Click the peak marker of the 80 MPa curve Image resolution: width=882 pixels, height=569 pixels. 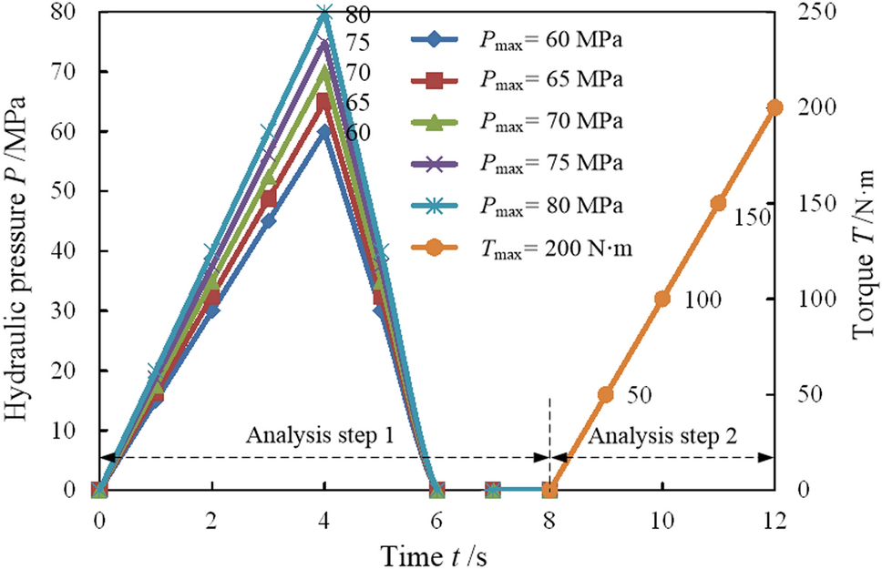(x=324, y=13)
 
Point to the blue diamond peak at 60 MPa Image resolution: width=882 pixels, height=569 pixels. (x=324, y=132)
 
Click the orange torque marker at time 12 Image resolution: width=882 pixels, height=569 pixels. (x=774, y=107)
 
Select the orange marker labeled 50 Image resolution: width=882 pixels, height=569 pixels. (x=606, y=394)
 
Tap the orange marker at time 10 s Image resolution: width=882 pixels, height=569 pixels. (x=662, y=299)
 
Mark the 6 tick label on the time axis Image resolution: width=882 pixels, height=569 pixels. (x=437, y=517)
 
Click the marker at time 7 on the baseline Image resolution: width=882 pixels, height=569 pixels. (x=493, y=490)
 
